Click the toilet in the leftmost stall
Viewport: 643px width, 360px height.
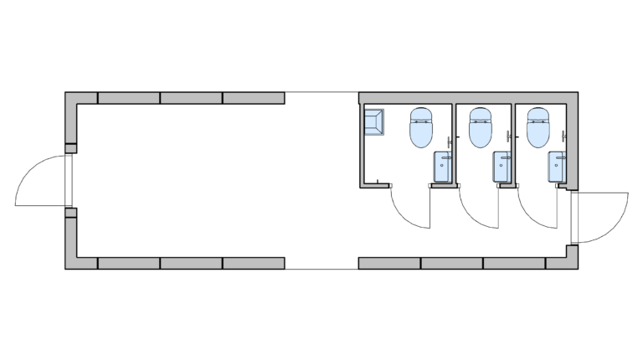coord(420,127)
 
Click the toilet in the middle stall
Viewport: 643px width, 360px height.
coord(479,127)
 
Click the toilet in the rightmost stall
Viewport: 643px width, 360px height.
coord(538,127)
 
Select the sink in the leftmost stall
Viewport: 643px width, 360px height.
coord(443,167)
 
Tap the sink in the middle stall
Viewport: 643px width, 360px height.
coord(502,167)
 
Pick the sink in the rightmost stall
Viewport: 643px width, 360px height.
coord(558,167)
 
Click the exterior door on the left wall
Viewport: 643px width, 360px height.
coord(42,180)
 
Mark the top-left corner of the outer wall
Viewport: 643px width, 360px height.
coord(71,97)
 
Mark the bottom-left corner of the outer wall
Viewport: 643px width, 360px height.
coord(71,264)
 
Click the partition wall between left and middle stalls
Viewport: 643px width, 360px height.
coord(457,142)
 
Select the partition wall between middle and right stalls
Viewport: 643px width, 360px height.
coord(515,142)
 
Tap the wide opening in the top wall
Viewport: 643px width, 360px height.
coord(321,97)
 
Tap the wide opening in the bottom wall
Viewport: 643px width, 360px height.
coord(321,264)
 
